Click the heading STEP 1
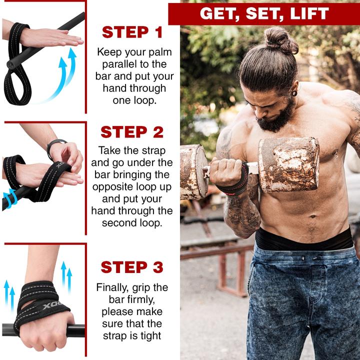pos(132,32)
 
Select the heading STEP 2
pos(132,132)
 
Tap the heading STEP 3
pos(132,267)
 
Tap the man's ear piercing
pos(294,93)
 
